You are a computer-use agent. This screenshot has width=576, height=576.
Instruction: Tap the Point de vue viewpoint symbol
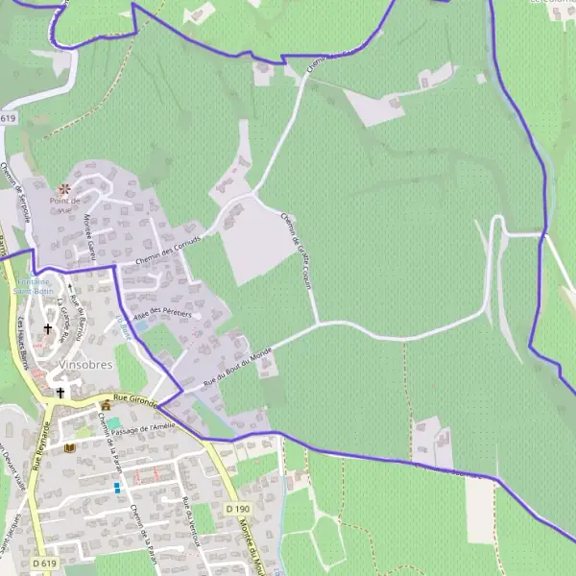(64, 188)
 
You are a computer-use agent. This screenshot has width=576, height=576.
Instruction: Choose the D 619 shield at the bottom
(42, 563)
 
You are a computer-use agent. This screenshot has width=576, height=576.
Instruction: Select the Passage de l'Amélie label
(145, 428)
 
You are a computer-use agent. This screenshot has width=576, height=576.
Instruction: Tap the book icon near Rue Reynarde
(69, 447)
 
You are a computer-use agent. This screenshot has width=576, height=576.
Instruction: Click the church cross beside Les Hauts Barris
(47, 328)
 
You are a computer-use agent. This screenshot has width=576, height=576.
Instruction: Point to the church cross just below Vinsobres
(60, 392)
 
